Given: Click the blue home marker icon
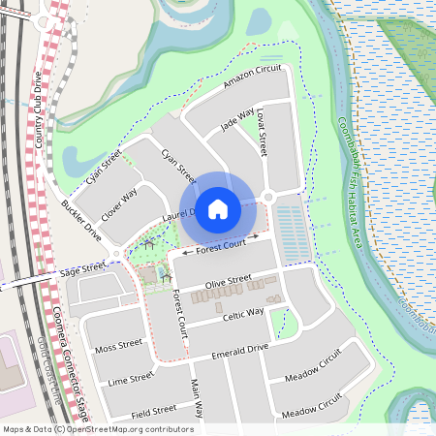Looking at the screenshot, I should coord(218,208).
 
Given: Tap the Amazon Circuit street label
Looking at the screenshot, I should coord(251,80).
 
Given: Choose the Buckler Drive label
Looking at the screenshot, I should coord(81,222).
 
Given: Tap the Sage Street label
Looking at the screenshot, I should coord(81,268).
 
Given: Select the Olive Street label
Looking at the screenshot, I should coord(228,283).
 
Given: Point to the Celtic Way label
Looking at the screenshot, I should coord(242,313).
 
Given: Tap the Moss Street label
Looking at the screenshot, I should coord(119,345).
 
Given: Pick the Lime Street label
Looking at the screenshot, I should coord(131,378).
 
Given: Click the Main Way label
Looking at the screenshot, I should coord(197,398).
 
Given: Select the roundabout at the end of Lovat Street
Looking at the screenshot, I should coord(268,197).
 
